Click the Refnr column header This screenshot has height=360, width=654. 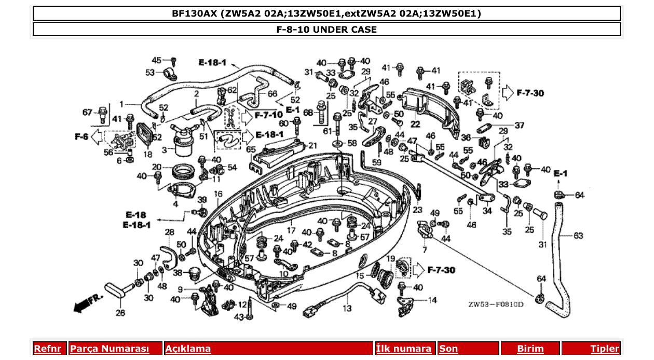tap(47, 349)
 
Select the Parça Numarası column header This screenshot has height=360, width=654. tap(110, 349)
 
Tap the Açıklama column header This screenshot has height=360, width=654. tap(188, 349)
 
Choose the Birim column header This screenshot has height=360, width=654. tap(530, 349)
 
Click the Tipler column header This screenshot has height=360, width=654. tap(604, 349)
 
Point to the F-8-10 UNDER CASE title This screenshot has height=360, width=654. tap(326, 30)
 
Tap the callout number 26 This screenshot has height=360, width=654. tap(120, 313)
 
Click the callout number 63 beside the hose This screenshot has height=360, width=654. tap(579, 236)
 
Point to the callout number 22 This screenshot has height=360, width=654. tap(415, 124)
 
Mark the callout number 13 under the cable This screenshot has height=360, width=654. tap(347, 309)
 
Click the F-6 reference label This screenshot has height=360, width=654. tap(81, 136)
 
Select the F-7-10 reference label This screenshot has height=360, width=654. tap(268, 114)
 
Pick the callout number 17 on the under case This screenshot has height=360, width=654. tap(291, 230)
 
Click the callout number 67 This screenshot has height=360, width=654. tap(87, 112)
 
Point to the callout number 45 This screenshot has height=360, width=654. tap(156, 60)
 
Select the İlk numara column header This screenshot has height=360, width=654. tap(404, 349)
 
